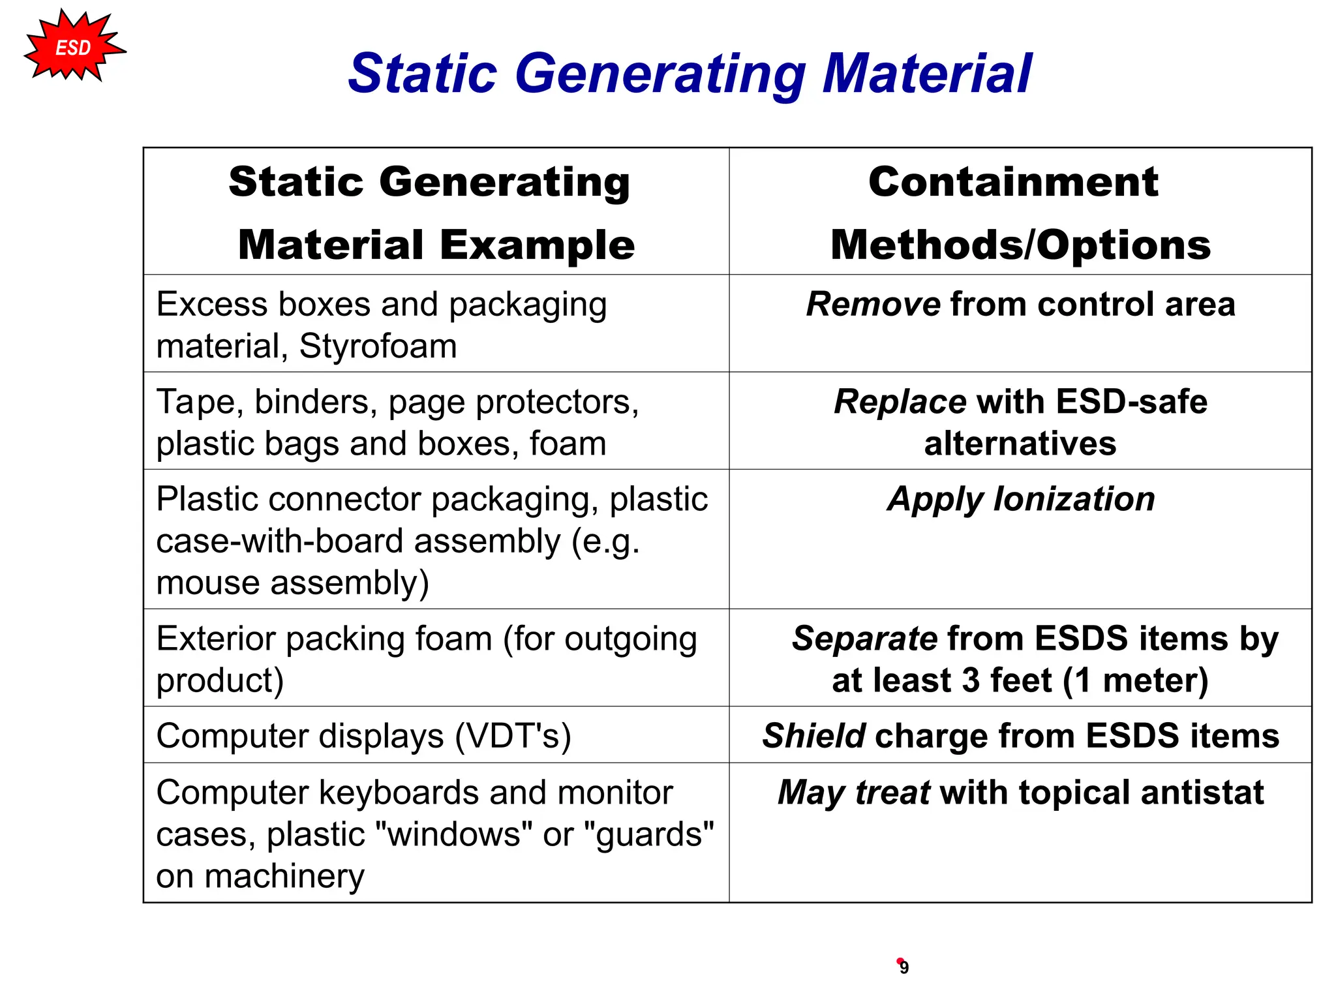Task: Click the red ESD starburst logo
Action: coord(73,47)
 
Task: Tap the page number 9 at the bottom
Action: coord(903,967)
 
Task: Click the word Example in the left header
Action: coord(537,245)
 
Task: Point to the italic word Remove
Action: coord(873,304)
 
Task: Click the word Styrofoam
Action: coord(378,346)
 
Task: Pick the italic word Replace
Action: coord(900,401)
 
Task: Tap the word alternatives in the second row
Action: coord(1020,444)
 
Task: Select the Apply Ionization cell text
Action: coord(1021,499)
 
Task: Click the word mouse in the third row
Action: coord(209,583)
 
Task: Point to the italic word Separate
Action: coord(864,638)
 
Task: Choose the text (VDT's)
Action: coord(512,736)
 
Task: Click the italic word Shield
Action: coord(813,736)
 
